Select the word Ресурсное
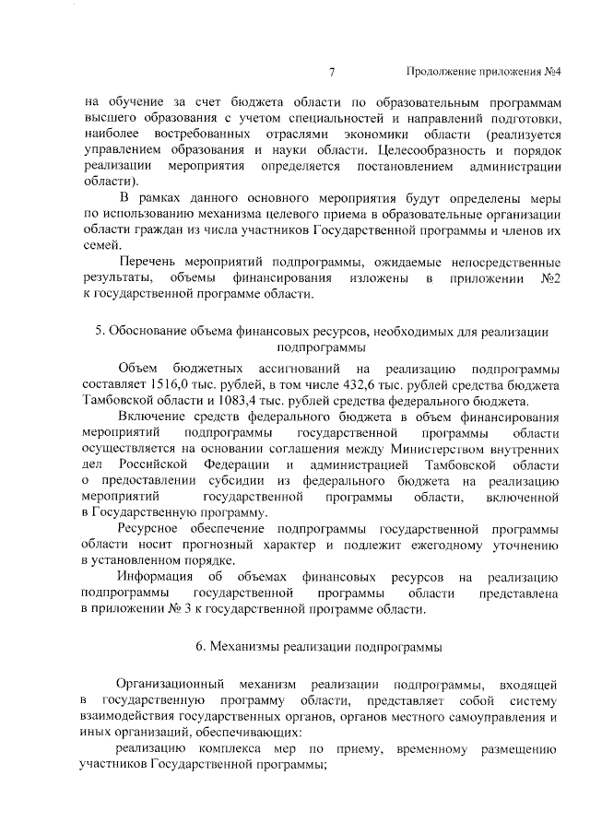(155, 530)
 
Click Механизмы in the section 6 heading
(248, 646)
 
